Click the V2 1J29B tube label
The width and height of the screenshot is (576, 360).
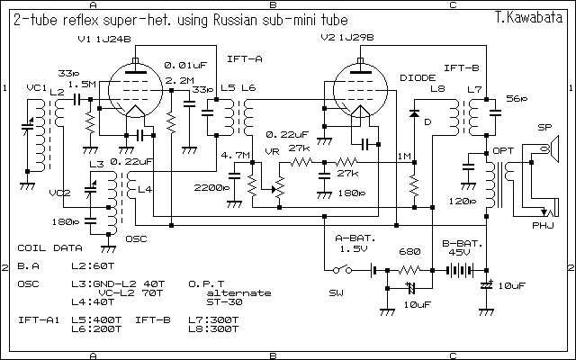click(346, 39)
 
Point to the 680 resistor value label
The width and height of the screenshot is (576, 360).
click(409, 253)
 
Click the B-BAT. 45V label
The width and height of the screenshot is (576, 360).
click(462, 247)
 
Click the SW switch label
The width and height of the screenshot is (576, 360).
click(336, 292)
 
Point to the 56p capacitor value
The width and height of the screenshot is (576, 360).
click(516, 97)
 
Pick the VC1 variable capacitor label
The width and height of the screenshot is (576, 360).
click(36, 87)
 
